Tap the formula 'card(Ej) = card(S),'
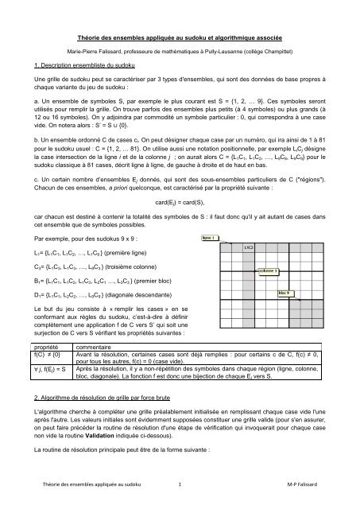click(x=180, y=204)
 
